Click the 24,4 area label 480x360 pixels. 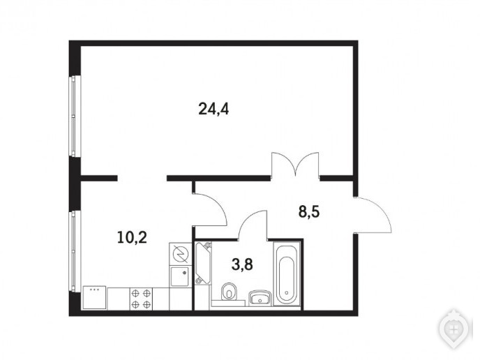(213, 109)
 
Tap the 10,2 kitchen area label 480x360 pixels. (132, 237)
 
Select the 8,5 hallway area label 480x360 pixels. (309, 211)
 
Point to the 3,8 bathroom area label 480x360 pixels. (242, 264)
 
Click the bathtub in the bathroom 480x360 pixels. (286, 274)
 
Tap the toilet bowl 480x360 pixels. (228, 291)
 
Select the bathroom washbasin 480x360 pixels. (260, 297)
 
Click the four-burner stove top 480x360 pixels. (141, 299)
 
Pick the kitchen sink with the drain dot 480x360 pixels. (180, 276)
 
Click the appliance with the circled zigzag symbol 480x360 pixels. (180, 255)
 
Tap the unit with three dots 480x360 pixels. (95, 297)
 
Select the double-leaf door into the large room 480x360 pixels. (295, 164)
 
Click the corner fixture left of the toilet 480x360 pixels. (203, 263)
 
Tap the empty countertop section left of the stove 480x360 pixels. (118, 299)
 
